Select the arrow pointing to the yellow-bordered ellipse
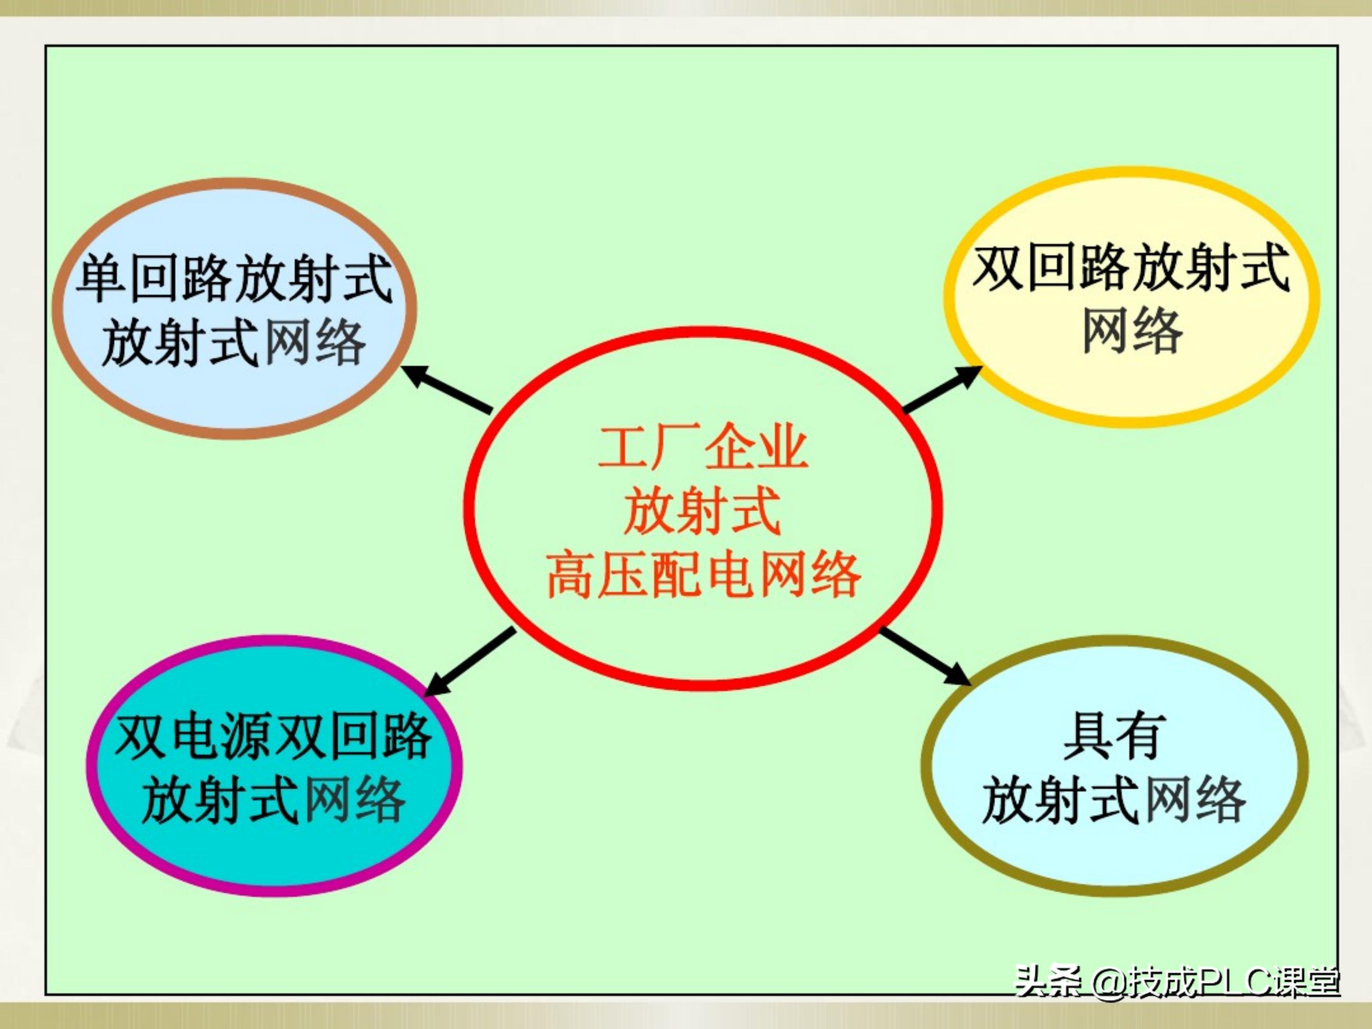pos(941,388)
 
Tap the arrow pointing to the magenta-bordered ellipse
pos(470,661)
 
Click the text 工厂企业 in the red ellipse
pos(702,446)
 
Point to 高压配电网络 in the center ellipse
pos(703,575)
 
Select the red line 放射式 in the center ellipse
pos(702,511)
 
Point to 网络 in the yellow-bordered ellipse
pos(1132,333)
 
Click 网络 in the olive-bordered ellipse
pos(1195,800)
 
